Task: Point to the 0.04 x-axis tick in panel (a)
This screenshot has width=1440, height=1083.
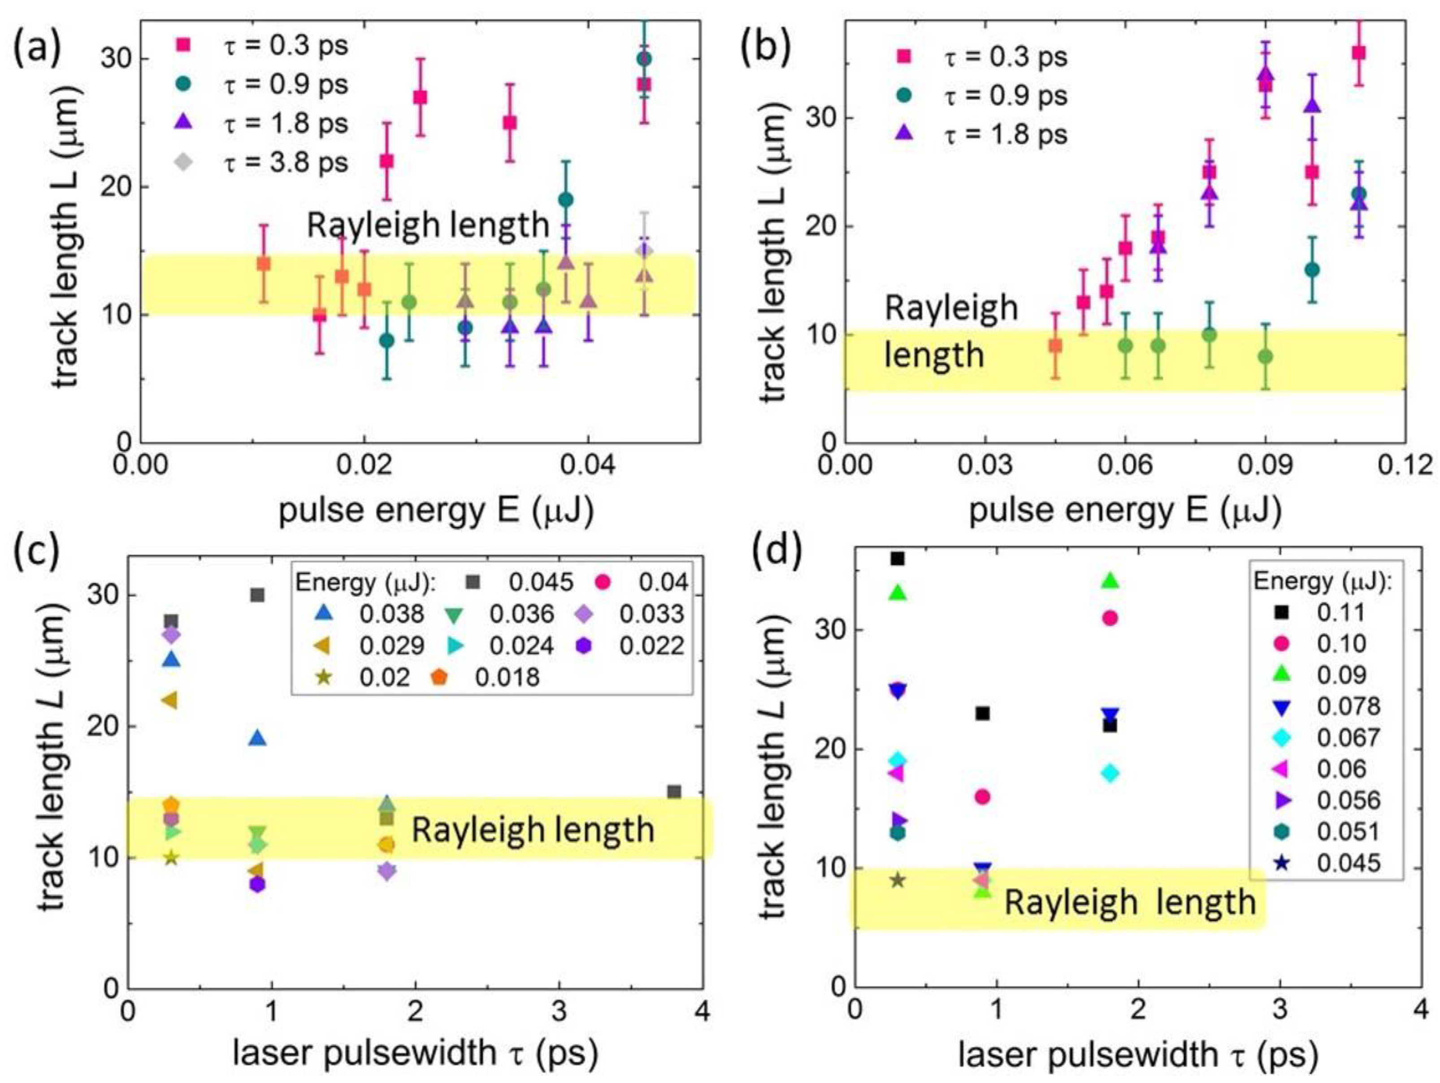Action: (588, 467)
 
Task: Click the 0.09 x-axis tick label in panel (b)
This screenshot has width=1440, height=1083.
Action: (1265, 467)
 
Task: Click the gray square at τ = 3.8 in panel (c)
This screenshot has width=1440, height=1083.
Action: (674, 792)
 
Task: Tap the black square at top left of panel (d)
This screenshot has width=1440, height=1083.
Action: (898, 559)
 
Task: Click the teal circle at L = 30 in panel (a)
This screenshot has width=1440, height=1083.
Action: (644, 59)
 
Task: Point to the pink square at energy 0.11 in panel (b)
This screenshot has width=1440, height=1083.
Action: (1358, 53)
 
